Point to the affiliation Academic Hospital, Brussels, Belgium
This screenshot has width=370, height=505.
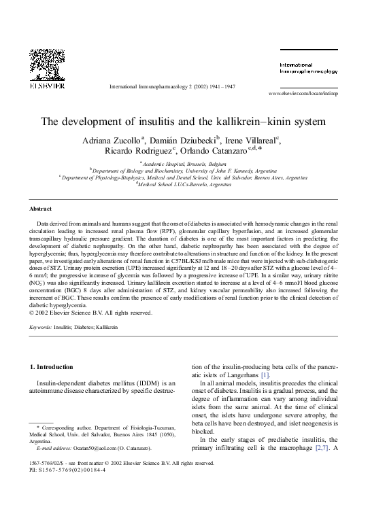point(186,164)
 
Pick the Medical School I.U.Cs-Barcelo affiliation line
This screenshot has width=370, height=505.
point(184,184)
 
